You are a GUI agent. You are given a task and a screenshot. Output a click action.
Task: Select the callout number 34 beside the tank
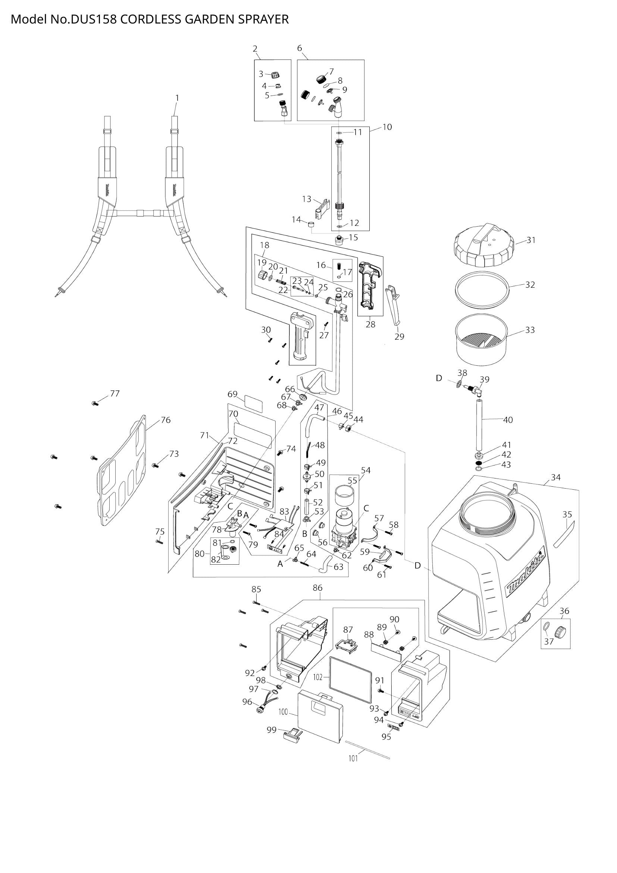(x=555, y=477)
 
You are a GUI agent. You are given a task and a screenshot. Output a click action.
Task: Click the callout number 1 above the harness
(x=177, y=98)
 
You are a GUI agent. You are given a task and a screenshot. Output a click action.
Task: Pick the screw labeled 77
(x=95, y=403)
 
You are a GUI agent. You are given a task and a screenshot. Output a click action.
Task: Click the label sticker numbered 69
(x=254, y=403)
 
